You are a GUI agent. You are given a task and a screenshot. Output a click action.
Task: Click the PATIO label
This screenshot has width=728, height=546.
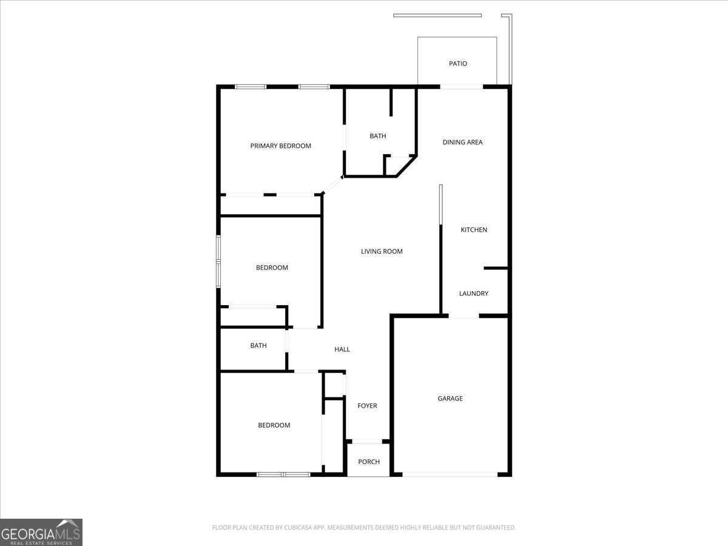click(458, 64)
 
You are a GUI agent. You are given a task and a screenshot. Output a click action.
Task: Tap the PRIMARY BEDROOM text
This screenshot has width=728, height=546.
click(281, 146)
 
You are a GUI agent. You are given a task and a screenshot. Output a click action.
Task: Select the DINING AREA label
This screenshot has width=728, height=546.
click(462, 142)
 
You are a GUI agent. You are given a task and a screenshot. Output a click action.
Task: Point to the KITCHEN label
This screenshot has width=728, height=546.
click(474, 230)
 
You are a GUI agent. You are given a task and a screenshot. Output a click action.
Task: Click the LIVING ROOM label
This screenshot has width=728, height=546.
click(382, 251)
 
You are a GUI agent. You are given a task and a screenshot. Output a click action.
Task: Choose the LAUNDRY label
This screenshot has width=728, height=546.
click(473, 294)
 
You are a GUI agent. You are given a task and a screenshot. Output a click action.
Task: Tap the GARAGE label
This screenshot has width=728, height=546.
click(450, 399)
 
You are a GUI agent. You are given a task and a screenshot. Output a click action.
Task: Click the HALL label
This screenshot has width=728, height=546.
click(342, 349)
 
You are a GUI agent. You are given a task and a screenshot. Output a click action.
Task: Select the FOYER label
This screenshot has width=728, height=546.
click(367, 406)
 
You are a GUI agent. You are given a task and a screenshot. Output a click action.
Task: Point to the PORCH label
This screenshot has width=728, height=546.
click(369, 462)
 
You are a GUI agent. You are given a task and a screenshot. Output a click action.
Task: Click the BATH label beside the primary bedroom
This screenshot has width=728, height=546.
click(378, 136)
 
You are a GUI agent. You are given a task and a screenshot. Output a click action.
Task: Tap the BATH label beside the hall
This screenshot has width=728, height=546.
click(258, 346)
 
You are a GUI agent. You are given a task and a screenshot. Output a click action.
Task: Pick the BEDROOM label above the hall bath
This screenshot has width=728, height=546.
click(272, 268)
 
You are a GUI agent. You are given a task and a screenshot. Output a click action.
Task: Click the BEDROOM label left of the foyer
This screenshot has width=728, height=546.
click(274, 425)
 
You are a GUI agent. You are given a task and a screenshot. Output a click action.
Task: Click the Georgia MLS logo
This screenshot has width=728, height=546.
click(41, 532)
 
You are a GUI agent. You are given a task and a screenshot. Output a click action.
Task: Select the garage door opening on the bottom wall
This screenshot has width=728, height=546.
click(450, 474)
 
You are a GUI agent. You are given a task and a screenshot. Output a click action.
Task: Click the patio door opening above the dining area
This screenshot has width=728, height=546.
click(462, 87)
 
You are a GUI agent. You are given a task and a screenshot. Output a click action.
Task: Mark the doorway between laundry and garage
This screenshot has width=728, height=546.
click(464, 316)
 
